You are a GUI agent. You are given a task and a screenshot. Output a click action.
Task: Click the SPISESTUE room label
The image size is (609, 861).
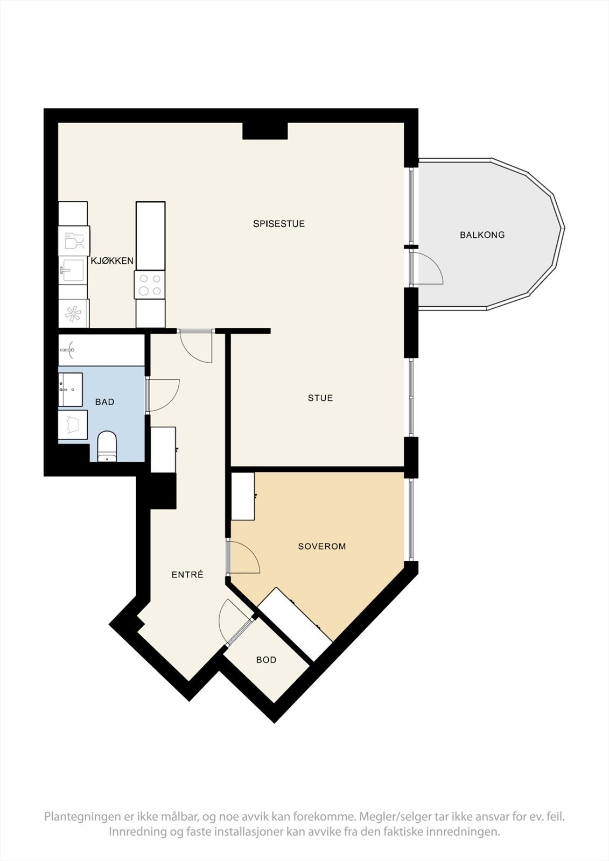279,224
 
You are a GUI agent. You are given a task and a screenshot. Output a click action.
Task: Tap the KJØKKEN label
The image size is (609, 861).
112,261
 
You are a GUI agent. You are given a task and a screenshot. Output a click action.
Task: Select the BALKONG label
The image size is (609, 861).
482,235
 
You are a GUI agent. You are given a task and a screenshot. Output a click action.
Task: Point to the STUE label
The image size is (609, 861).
320,398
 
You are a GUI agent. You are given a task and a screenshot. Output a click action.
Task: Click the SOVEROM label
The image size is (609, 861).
321,546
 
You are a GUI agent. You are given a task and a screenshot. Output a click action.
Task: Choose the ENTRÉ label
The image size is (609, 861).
187,575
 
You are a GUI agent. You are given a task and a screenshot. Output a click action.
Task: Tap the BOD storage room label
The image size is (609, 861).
266,660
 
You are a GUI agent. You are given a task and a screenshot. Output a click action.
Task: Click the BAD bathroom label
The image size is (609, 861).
104,402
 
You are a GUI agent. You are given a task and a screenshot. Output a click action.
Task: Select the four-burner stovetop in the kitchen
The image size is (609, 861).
150,285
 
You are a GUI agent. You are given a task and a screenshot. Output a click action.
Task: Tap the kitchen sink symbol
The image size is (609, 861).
72,270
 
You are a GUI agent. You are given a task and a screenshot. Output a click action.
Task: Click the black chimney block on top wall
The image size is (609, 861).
264,131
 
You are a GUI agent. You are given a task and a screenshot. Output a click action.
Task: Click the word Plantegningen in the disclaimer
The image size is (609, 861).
83,817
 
